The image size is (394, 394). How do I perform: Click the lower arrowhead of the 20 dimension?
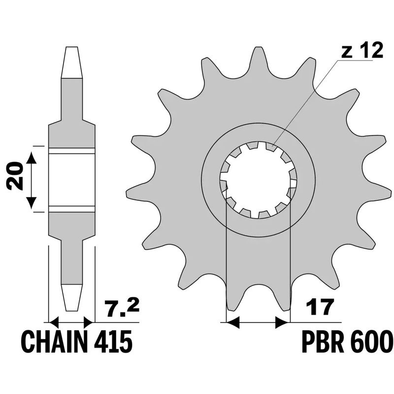click(x=31, y=201)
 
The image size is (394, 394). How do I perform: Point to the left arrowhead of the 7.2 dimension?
click(x=54, y=323)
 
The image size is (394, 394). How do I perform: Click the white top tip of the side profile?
click(x=71, y=62)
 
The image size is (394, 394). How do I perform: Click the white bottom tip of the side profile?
click(x=71, y=298)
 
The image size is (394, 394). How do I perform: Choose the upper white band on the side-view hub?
click(x=71, y=150)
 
